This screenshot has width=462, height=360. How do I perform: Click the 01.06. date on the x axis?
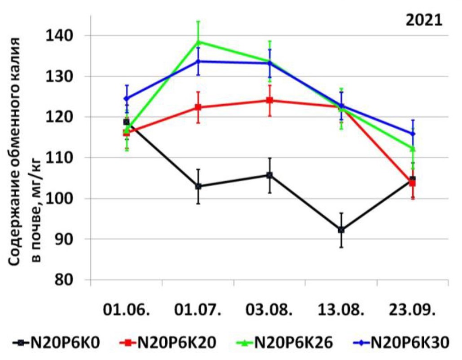(x=126, y=310)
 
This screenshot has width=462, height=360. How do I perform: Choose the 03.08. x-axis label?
(x=269, y=310)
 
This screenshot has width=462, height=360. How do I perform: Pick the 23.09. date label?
(x=413, y=310)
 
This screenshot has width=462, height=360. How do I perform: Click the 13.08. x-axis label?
(x=341, y=310)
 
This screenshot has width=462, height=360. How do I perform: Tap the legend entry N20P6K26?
(x=285, y=342)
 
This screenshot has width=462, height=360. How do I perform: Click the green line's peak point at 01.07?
(x=198, y=42)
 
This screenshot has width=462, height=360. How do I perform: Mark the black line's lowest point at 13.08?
(x=341, y=230)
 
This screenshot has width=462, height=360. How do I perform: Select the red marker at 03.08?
(x=269, y=100)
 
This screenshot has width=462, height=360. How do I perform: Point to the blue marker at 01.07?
(x=198, y=61)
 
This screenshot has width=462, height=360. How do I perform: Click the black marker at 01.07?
(x=198, y=186)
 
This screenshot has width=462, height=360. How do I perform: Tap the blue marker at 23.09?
(x=413, y=133)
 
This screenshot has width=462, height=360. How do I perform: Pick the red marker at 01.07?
(x=198, y=107)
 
